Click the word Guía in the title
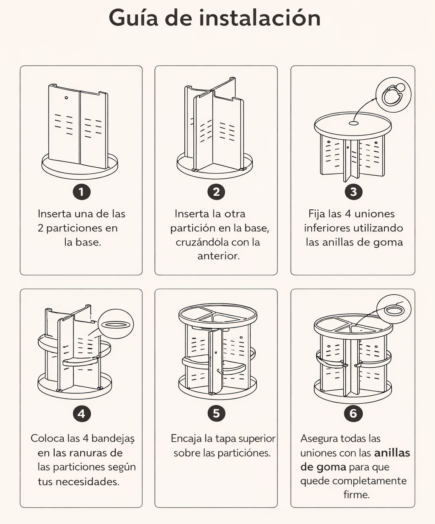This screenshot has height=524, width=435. point(133,18)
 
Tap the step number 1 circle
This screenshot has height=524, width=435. point(81,192)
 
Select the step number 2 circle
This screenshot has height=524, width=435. point(216,192)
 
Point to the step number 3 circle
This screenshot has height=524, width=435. point(353,192)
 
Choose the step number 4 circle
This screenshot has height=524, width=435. point(81,413)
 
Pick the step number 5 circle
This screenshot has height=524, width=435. point(216,413)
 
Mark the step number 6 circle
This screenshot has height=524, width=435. point(353,413)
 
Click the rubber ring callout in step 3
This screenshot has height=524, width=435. point(393,95)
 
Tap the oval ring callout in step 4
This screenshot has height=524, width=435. point(116,324)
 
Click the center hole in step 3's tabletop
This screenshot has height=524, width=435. point(353,123)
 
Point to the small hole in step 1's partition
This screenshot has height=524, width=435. point(66,98)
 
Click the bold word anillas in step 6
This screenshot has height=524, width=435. point(392,453)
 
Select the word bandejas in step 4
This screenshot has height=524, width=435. point(113,438)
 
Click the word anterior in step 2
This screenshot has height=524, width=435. point(218,256)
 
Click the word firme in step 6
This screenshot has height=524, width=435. point(356,495)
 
